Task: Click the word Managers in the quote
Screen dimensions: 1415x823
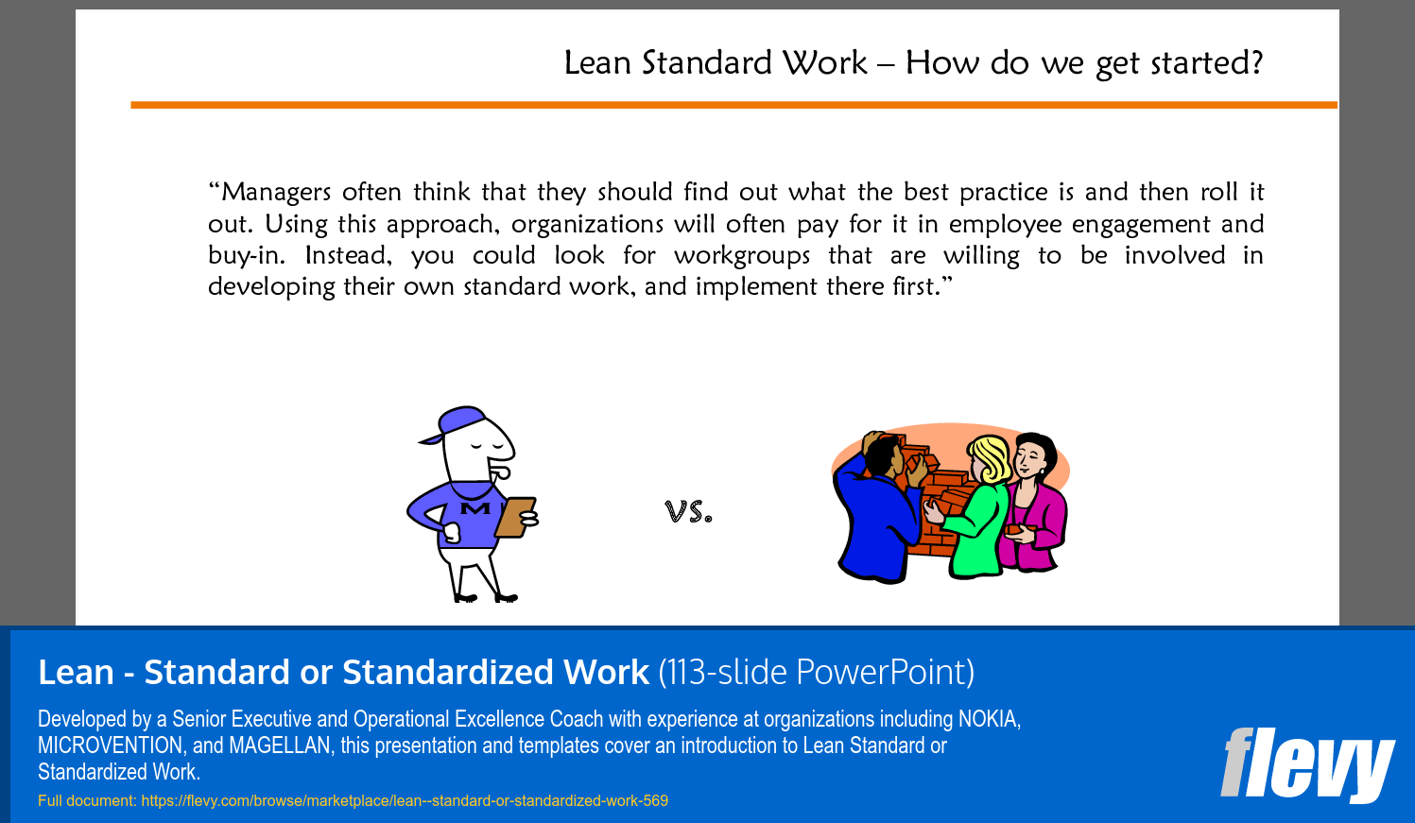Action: [276, 192]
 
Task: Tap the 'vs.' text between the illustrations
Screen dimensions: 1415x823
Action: [688, 511]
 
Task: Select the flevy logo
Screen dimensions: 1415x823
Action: [1307, 764]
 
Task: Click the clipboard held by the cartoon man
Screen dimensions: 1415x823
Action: [515, 517]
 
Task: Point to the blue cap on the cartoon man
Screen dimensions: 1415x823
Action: [454, 423]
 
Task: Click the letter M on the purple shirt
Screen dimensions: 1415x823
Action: [475, 508]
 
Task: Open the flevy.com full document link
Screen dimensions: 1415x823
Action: [405, 801]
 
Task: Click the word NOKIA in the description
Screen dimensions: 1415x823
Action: [989, 719]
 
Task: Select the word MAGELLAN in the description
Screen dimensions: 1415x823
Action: [280, 746]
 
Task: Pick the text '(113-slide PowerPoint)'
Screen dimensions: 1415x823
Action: [816, 672]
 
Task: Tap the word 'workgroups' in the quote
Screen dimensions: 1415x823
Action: [742, 256]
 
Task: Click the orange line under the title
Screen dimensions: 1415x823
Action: [734, 105]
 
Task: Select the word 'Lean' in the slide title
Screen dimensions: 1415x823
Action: [597, 63]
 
